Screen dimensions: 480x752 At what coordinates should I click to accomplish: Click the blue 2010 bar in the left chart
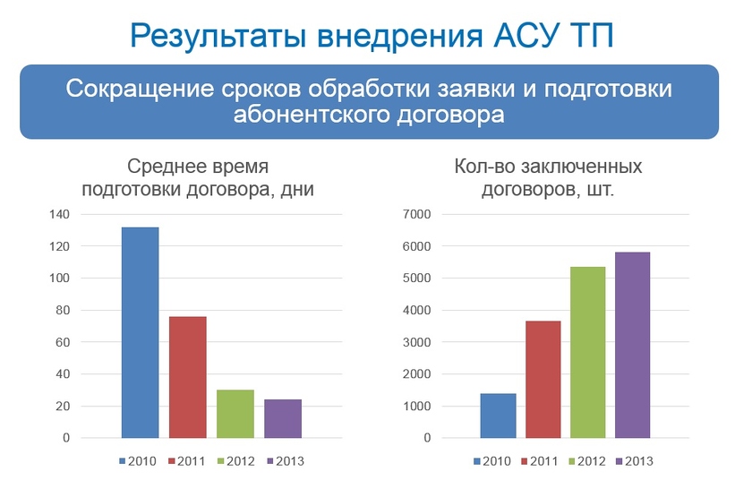140,332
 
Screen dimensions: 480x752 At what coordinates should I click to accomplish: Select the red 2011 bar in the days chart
187,377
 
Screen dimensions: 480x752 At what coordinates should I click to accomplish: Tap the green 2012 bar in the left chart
235,414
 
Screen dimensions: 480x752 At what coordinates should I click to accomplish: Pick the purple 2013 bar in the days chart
282,418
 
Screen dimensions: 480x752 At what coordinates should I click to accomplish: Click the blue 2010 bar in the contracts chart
498,416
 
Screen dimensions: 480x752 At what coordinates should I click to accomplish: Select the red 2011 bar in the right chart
543,379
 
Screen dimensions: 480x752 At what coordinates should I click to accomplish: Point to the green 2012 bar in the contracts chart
587,352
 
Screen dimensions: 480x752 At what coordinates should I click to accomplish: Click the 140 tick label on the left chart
58,214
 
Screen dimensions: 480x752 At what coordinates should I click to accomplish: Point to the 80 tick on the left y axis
61,311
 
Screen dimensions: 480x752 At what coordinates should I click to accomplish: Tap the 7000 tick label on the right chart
418,214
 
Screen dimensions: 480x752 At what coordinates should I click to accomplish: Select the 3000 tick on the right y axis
418,342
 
